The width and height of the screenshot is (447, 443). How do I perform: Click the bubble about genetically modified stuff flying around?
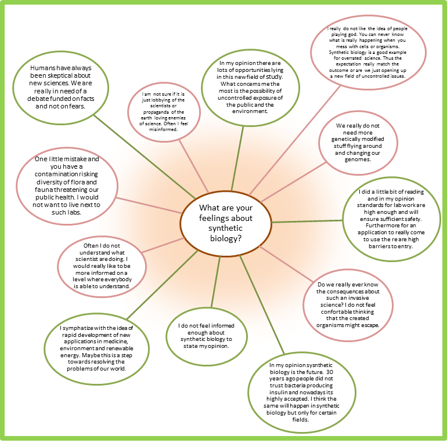coord(359,141)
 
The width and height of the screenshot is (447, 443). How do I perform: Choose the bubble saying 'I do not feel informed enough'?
coord(206,335)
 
